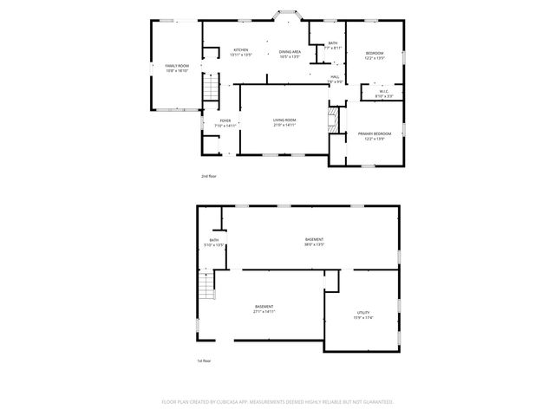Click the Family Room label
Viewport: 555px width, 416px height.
[x=177, y=67]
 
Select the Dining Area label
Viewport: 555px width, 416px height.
[x=290, y=52]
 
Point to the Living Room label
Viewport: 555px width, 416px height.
[x=284, y=120]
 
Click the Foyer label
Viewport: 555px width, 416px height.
[x=225, y=120]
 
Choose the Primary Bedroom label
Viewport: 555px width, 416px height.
[x=375, y=133]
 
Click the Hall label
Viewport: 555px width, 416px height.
[x=335, y=77]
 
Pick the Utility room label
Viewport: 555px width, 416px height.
[x=363, y=312]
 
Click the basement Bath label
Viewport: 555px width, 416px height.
[x=214, y=240]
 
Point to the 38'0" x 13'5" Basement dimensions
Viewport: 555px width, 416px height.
[x=314, y=244]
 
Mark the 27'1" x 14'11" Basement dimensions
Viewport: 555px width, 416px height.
[x=264, y=311]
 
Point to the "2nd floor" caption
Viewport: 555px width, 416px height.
[x=209, y=175]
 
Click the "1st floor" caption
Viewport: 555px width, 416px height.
[x=204, y=360]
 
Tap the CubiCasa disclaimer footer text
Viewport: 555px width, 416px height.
[x=277, y=401]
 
